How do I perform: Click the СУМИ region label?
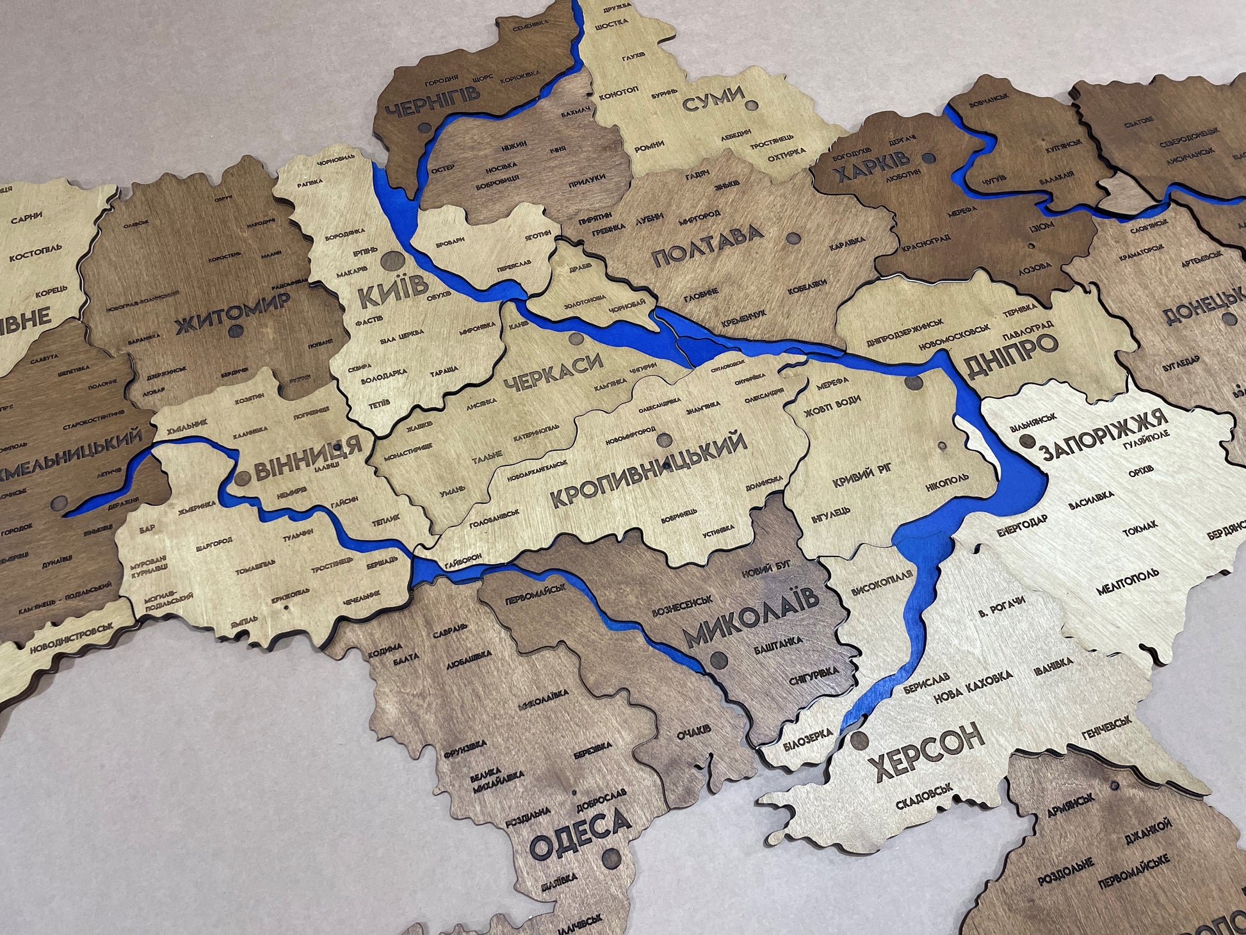coord(713,99)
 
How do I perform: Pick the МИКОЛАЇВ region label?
coord(750,619)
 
